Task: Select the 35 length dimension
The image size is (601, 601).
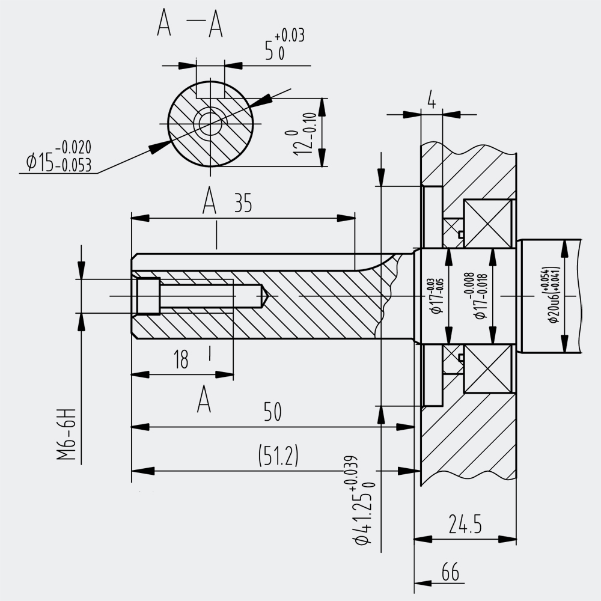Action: pos(243,203)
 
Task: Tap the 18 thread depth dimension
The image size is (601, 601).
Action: pos(181,359)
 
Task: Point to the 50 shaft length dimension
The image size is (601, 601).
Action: pos(272,412)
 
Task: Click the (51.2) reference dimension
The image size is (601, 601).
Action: pos(278,456)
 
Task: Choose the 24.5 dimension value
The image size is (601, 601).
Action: pos(465,524)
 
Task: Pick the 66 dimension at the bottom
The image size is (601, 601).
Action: pos(450,572)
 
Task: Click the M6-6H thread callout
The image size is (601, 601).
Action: pos(66,435)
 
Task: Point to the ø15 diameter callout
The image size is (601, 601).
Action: pos(59,156)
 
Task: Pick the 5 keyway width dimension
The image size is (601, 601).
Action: pos(284,46)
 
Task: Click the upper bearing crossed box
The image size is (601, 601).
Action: pos(487,224)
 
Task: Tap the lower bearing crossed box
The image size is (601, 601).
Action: pos(487,368)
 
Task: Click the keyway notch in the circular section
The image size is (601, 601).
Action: pos(210,90)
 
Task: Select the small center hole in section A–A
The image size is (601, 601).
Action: pos(210,123)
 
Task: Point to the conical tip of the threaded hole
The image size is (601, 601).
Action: pos(265,296)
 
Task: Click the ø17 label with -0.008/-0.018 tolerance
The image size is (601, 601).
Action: pos(480,295)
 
